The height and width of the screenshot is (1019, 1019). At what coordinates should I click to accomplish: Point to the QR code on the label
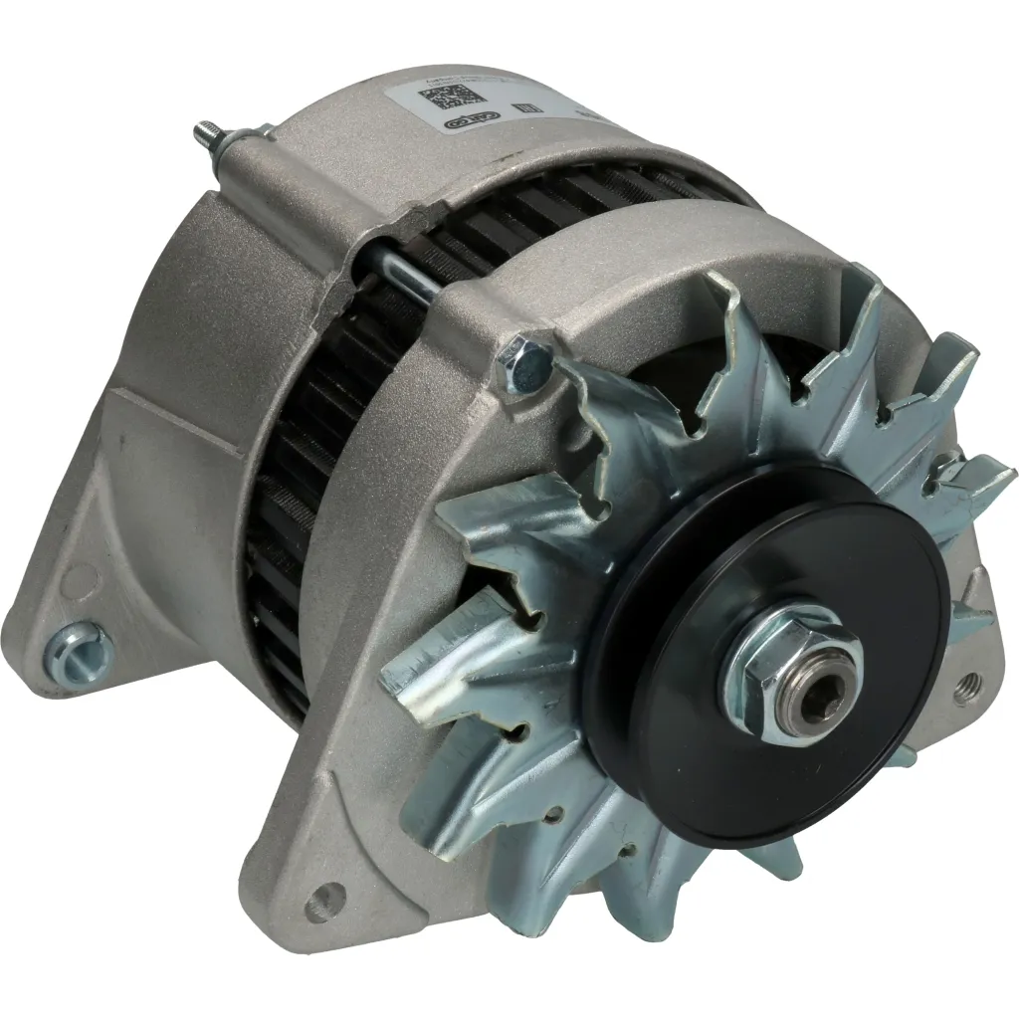(x=439, y=102)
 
